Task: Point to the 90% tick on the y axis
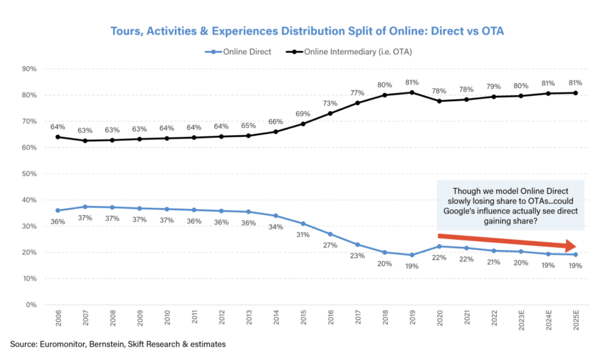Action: click(x=29, y=69)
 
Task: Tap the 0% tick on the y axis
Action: click(x=31, y=305)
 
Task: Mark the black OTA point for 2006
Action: click(x=58, y=137)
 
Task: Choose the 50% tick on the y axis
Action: click(x=29, y=174)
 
